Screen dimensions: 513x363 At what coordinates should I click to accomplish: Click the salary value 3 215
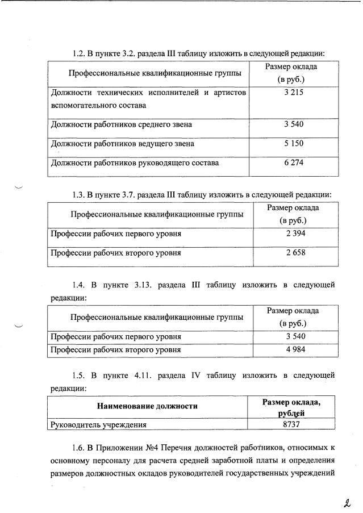[294, 92]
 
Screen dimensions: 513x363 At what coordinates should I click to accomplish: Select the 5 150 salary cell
[294, 144]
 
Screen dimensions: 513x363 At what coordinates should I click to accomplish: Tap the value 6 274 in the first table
[294, 164]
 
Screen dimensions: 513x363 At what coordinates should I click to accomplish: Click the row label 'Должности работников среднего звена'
[122, 124]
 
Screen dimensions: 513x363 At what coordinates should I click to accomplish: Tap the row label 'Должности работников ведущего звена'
[123, 144]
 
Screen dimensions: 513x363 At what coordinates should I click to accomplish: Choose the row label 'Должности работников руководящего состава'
[135, 164]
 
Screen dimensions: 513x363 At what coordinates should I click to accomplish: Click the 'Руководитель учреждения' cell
[99, 424]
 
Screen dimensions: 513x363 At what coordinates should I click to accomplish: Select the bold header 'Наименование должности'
[147, 406]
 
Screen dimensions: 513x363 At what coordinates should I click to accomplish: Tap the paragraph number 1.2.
[78, 54]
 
